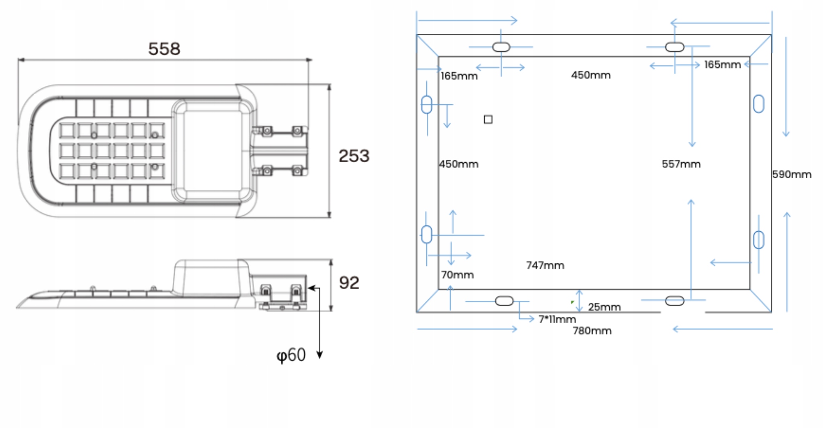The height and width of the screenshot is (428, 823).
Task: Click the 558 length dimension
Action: click(164, 49)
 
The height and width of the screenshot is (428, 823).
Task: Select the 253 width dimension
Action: click(354, 156)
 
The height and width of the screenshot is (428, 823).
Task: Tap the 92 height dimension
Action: click(349, 283)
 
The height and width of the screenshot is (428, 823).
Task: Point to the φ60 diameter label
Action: click(291, 355)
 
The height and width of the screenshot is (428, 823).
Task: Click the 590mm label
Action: click(792, 175)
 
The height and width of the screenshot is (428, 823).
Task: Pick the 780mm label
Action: click(592, 331)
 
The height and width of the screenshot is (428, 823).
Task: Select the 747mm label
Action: click(545, 265)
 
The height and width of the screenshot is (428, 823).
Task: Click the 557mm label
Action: click(681, 164)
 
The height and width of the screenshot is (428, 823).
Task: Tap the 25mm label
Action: click(604, 307)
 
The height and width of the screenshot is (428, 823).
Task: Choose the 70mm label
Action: click(457, 275)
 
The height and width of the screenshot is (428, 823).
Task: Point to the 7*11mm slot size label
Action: click(557, 319)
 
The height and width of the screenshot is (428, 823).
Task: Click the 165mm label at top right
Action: click(722, 65)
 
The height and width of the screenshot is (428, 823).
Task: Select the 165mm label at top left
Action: click(459, 76)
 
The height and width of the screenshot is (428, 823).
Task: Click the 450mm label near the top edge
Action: click(591, 75)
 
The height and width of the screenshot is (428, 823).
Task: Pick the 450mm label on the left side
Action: click(459, 164)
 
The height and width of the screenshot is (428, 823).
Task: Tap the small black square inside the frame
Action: click(488, 120)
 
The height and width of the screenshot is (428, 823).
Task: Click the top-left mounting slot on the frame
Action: click(501, 47)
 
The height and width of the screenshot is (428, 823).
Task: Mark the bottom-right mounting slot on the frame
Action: click(674, 301)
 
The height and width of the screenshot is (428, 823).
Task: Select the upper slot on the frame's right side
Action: click(758, 104)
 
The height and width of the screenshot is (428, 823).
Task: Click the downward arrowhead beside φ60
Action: click(319, 355)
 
